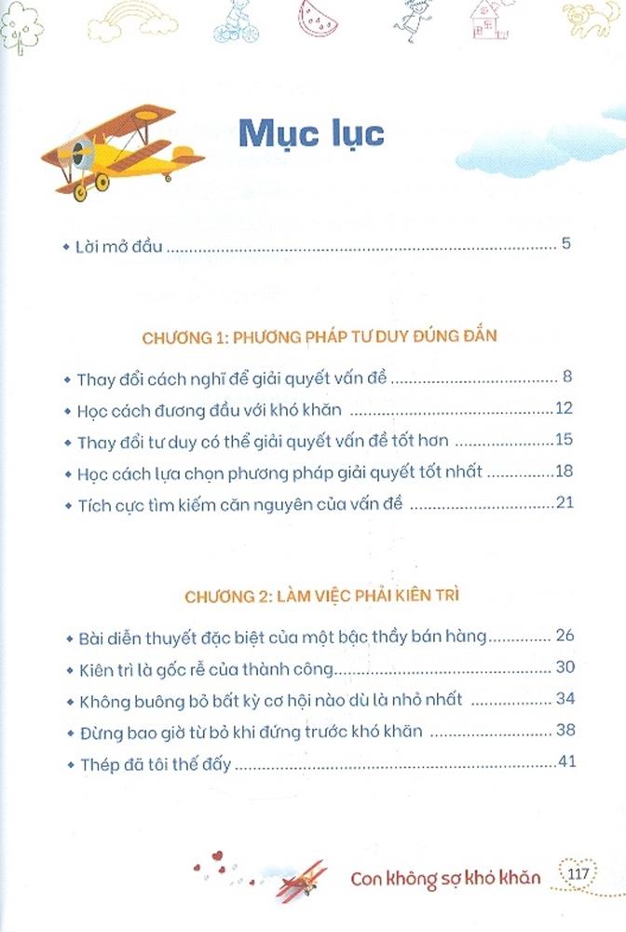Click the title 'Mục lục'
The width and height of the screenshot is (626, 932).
click(311, 132)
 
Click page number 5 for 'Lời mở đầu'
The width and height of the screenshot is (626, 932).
click(565, 246)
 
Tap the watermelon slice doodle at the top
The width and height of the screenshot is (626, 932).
click(318, 15)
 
